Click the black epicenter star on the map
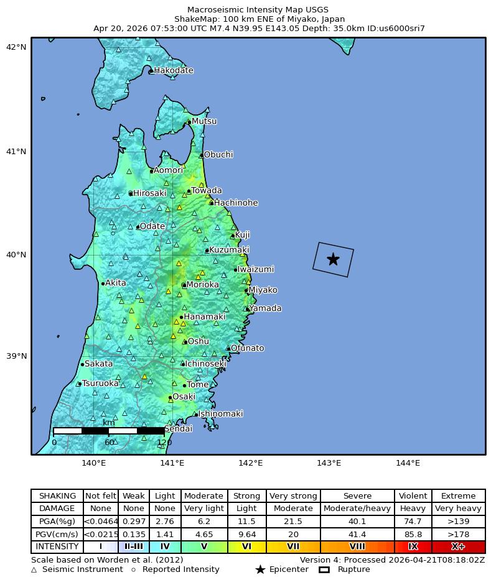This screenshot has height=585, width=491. (x=333, y=259)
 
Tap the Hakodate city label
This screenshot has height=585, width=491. (x=173, y=70)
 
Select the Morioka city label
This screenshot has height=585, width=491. (x=202, y=285)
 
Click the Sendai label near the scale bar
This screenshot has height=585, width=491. (x=178, y=428)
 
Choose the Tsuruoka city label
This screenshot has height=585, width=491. (x=100, y=383)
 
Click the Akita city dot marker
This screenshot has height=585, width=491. (x=103, y=283)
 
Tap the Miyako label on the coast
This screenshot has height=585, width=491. (x=263, y=290)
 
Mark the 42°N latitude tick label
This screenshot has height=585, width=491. (x=16, y=47)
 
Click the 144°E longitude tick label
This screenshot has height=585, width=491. (x=408, y=463)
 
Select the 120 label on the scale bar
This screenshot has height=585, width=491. (x=164, y=443)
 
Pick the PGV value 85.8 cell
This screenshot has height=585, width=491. (x=413, y=534)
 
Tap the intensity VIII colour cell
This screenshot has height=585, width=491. (x=357, y=547)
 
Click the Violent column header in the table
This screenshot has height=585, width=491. (x=413, y=495)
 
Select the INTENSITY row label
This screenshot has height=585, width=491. (x=57, y=547)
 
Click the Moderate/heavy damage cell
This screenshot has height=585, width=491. (x=357, y=509)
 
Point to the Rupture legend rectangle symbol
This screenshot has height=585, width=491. (x=324, y=569)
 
